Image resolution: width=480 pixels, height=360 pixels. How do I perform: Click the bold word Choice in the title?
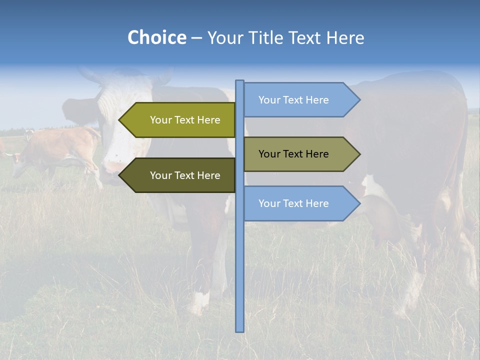156,38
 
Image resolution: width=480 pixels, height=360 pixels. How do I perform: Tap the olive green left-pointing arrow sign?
180,120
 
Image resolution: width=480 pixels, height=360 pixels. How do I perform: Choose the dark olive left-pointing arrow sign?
180,175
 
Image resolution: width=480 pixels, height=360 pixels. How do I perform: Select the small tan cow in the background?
55,150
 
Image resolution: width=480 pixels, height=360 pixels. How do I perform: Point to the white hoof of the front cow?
200,302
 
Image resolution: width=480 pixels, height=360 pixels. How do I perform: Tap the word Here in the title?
345,38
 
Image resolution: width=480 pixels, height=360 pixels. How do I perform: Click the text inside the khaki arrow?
293,154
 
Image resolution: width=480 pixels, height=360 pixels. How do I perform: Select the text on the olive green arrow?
185,120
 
